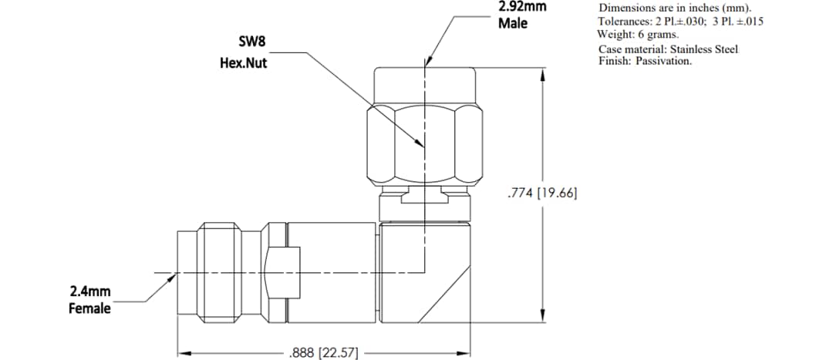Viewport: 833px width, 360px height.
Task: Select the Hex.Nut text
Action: coord(244,63)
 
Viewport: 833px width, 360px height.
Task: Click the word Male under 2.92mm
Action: coord(513,23)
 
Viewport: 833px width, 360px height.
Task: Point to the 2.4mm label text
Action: coord(90,291)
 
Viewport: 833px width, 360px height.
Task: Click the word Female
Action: coord(90,308)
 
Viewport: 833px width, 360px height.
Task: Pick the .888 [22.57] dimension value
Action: coord(323,353)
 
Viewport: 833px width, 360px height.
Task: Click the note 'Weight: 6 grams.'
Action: coord(638,35)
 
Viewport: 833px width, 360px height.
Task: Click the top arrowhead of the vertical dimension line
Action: coord(544,76)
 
